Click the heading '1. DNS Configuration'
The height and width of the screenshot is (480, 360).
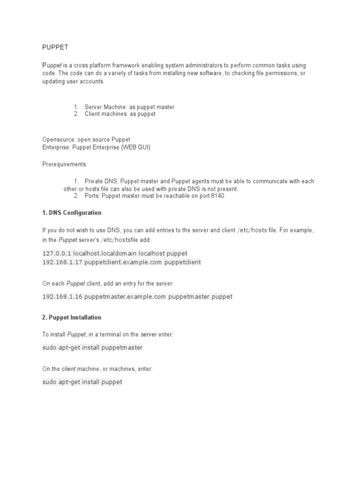coord(72,213)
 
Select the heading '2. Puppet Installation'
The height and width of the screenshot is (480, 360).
coord(72,317)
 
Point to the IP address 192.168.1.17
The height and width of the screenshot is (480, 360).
coord(62,262)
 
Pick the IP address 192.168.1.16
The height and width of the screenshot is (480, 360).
coord(62,297)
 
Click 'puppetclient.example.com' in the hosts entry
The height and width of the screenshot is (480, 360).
coord(123,262)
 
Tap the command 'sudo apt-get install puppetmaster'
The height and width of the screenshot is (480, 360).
coord(92,348)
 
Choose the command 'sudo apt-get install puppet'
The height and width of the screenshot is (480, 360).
coord(82,382)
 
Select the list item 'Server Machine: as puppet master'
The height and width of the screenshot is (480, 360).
coord(129,107)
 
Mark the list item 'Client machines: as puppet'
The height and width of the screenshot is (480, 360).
coord(120,114)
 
